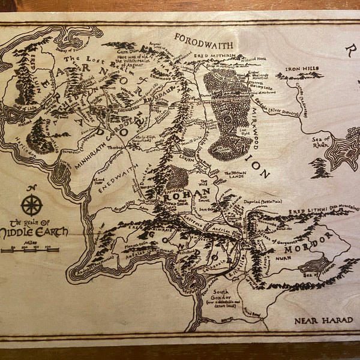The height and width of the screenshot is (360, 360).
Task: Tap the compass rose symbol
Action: click(31, 205)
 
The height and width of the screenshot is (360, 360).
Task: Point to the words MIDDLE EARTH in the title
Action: click(35, 231)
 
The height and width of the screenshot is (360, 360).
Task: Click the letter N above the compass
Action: click(32, 188)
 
